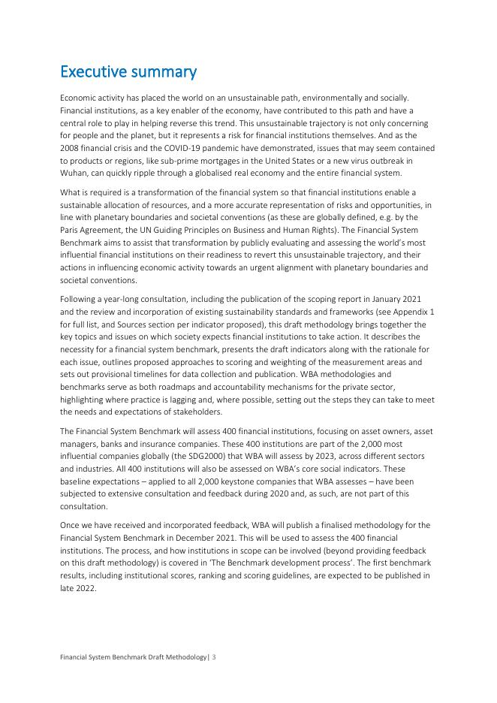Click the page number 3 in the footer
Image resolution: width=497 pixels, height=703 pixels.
pyautogui.click(x=214, y=657)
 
